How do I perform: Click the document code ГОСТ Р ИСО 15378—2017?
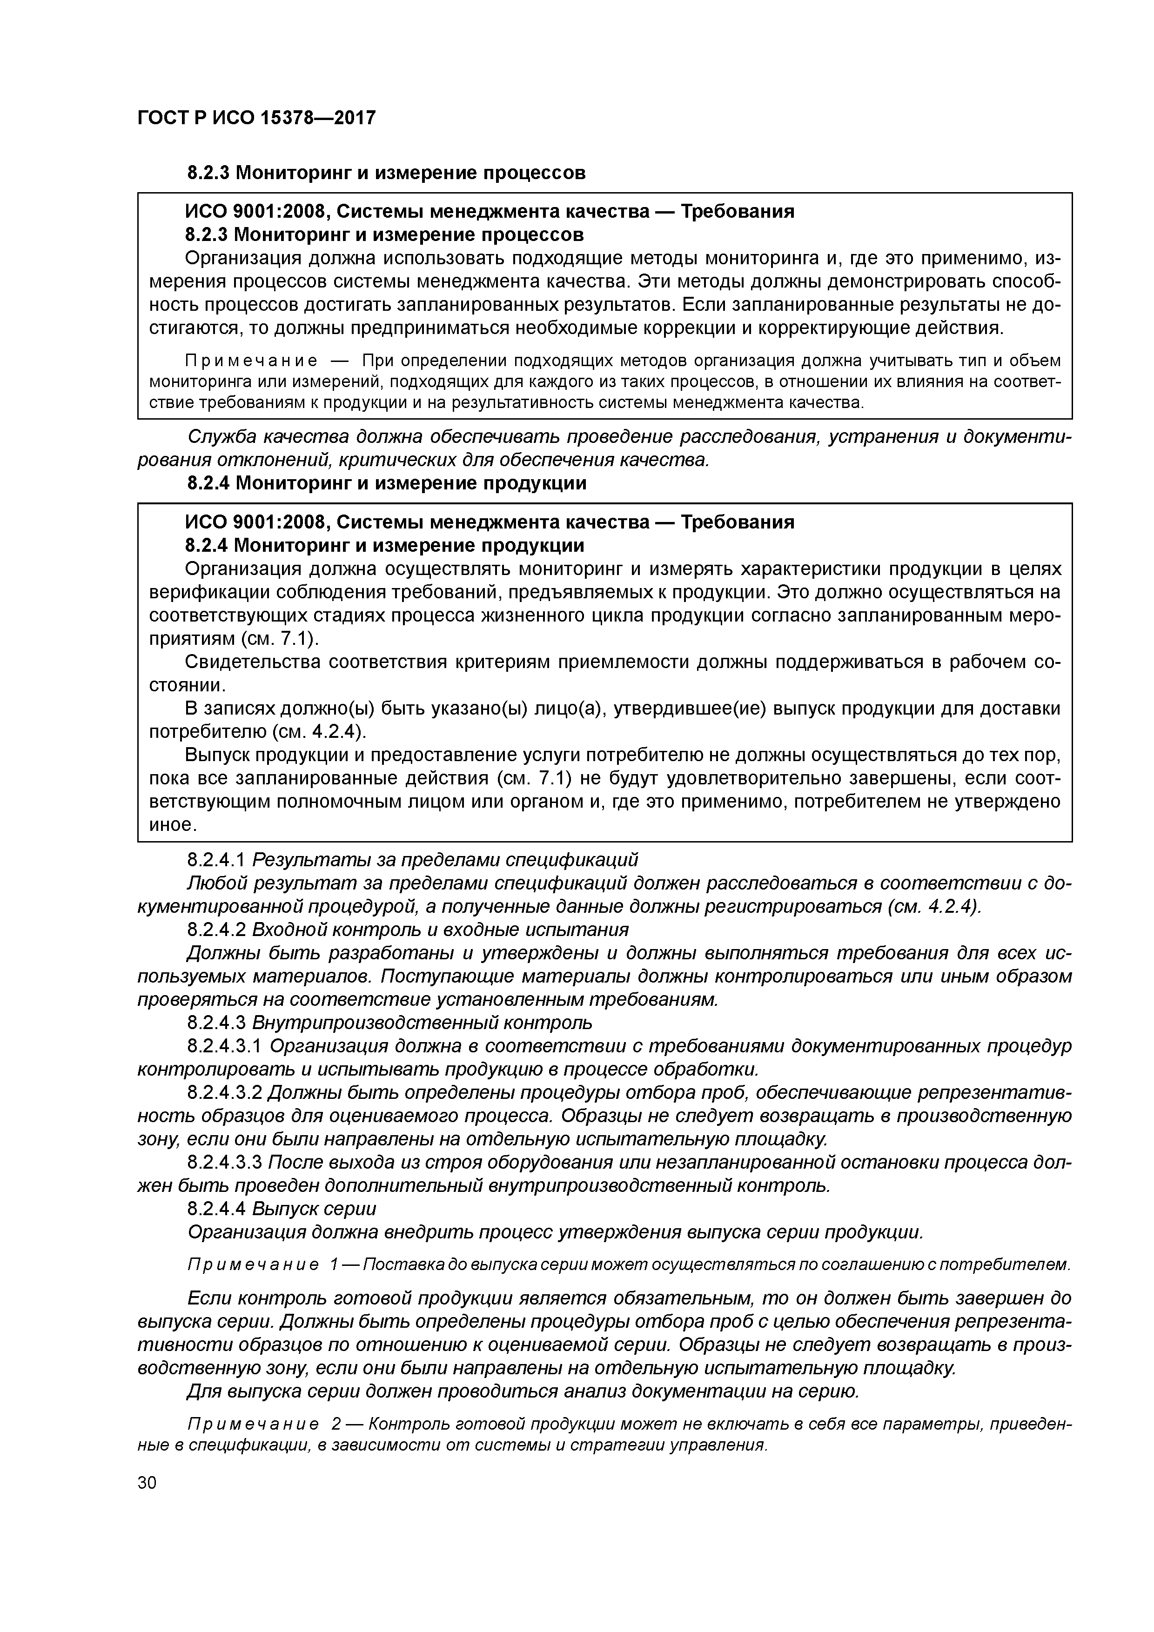[x=256, y=117]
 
